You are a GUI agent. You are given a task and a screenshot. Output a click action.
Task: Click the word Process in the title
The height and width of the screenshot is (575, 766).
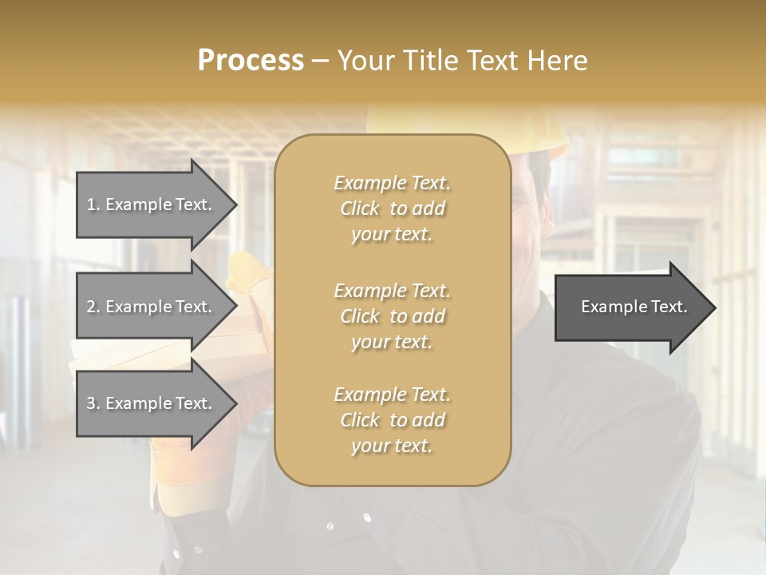(x=251, y=61)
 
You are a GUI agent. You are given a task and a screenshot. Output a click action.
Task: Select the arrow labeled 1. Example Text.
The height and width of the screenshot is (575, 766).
(x=152, y=204)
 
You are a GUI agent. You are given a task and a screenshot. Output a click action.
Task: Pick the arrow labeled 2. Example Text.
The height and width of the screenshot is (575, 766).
(x=152, y=307)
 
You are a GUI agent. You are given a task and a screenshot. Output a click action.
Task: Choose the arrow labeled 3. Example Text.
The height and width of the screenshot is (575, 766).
(x=152, y=403)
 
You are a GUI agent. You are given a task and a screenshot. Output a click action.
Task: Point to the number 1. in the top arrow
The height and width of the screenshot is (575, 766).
(x=93, y=204)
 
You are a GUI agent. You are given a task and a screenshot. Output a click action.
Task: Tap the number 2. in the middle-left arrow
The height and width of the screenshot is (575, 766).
(x=93, y=307)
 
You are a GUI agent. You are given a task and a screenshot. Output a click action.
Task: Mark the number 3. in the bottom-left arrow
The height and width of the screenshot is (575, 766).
(x=93, y=403)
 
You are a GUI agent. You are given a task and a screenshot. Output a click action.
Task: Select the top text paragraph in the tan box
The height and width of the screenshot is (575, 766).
(x=392, y=208)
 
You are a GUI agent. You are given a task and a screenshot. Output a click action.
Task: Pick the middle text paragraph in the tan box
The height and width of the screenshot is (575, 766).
(x=392, y=316)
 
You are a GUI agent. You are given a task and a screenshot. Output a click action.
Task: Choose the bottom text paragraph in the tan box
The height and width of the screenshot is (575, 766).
(x=392, y=420)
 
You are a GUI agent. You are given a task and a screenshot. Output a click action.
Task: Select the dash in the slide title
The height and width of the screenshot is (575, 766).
(x=321, y=61)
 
